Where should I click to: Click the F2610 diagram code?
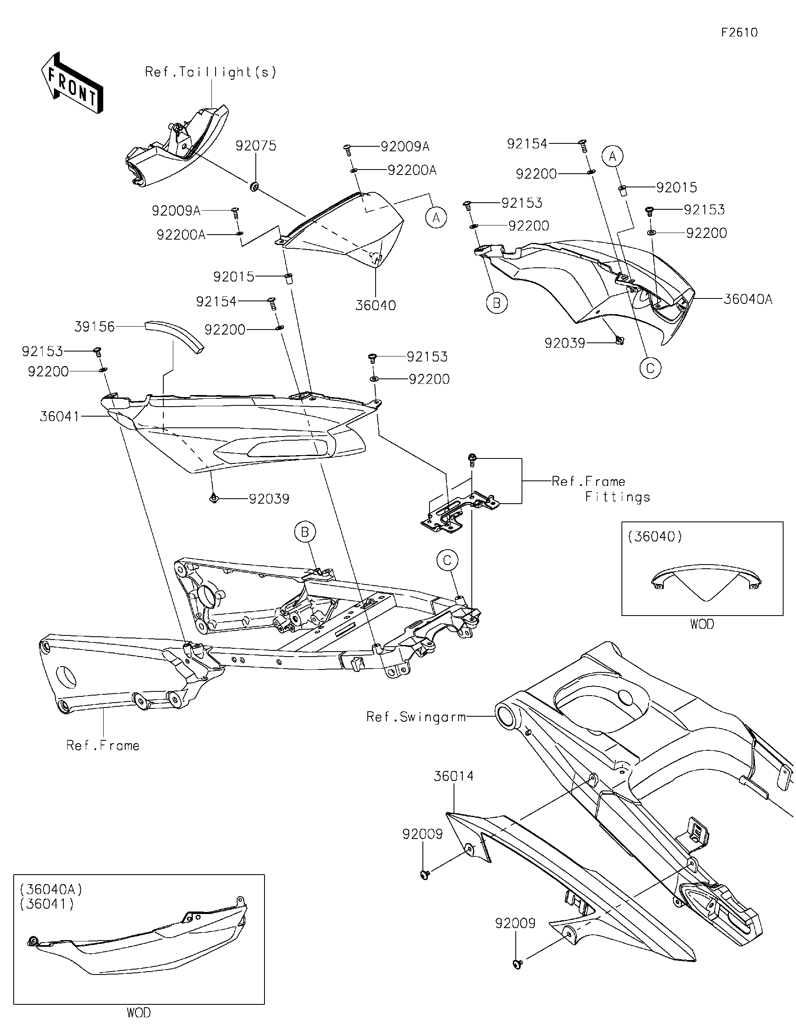[x=739, y=32]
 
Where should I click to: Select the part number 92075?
[x=256, y=146]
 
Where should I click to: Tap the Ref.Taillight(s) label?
[x=211, y=72]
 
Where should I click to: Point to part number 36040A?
[x=747, y=299]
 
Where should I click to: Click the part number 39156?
[x=95, y=326]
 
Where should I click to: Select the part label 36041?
[x=59, y=416]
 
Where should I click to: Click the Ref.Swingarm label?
[x=416, y=717]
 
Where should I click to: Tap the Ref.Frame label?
[x=103, y=746]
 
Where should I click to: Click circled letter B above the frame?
[x=305, y=532]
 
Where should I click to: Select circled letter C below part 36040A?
[x=650, y=368]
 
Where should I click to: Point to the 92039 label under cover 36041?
[x=269, y=499]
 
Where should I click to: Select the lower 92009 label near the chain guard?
[x=515, y=923]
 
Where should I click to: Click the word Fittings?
[x=617, y=497]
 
